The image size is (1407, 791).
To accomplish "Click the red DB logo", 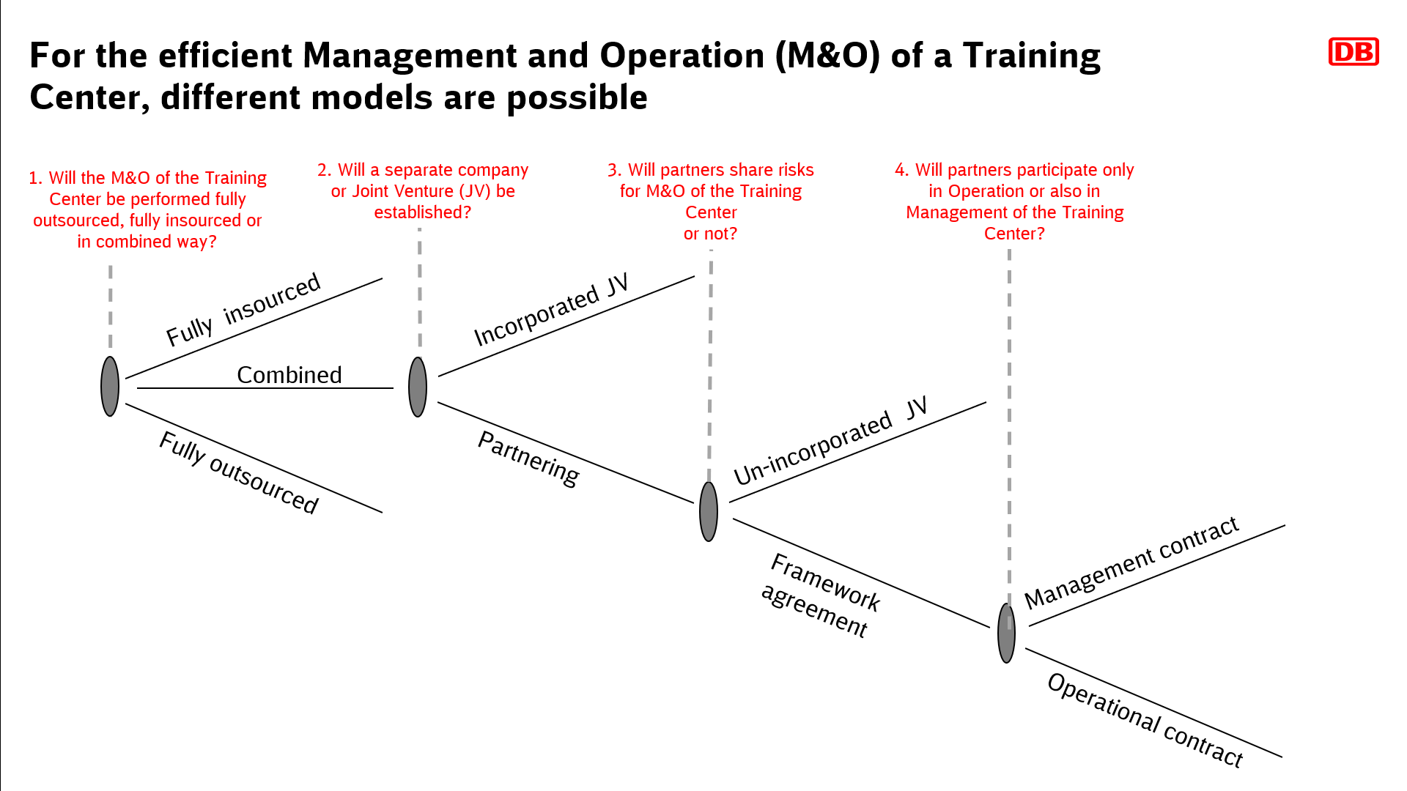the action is (x=1354, y=52).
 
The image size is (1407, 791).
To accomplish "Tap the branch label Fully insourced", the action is (x=243, y=309).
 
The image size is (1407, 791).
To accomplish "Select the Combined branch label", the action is (x=289, y=375).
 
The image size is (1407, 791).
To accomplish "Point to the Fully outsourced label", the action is (x=239, y=472).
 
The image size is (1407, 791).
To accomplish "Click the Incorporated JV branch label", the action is (x=551, y=310).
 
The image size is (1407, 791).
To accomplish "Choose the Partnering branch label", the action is (x=528, y=458).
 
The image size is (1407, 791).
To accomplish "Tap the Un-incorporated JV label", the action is (x=831, y=441).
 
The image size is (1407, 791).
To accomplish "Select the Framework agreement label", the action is (x=821, y=595).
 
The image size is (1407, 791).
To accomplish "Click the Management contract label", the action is (x=1131, y=562).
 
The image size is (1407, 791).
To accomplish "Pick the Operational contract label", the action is (x=1145, y=720).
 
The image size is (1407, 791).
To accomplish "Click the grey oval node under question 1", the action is (x=110, y=387).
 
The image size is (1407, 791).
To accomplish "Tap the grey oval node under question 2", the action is (x=418, y=387).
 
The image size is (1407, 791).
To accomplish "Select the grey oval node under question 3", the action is (x=709, y=511).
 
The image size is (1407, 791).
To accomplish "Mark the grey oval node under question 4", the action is (x=1007, y=634).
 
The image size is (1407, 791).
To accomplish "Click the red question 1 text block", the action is (x=147, y=209).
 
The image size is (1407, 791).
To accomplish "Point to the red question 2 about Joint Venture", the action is (x=423, y=191).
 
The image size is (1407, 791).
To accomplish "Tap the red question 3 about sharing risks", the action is (x=711, y=201).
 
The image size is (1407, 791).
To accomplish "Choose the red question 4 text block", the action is (x=1014, y=201).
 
